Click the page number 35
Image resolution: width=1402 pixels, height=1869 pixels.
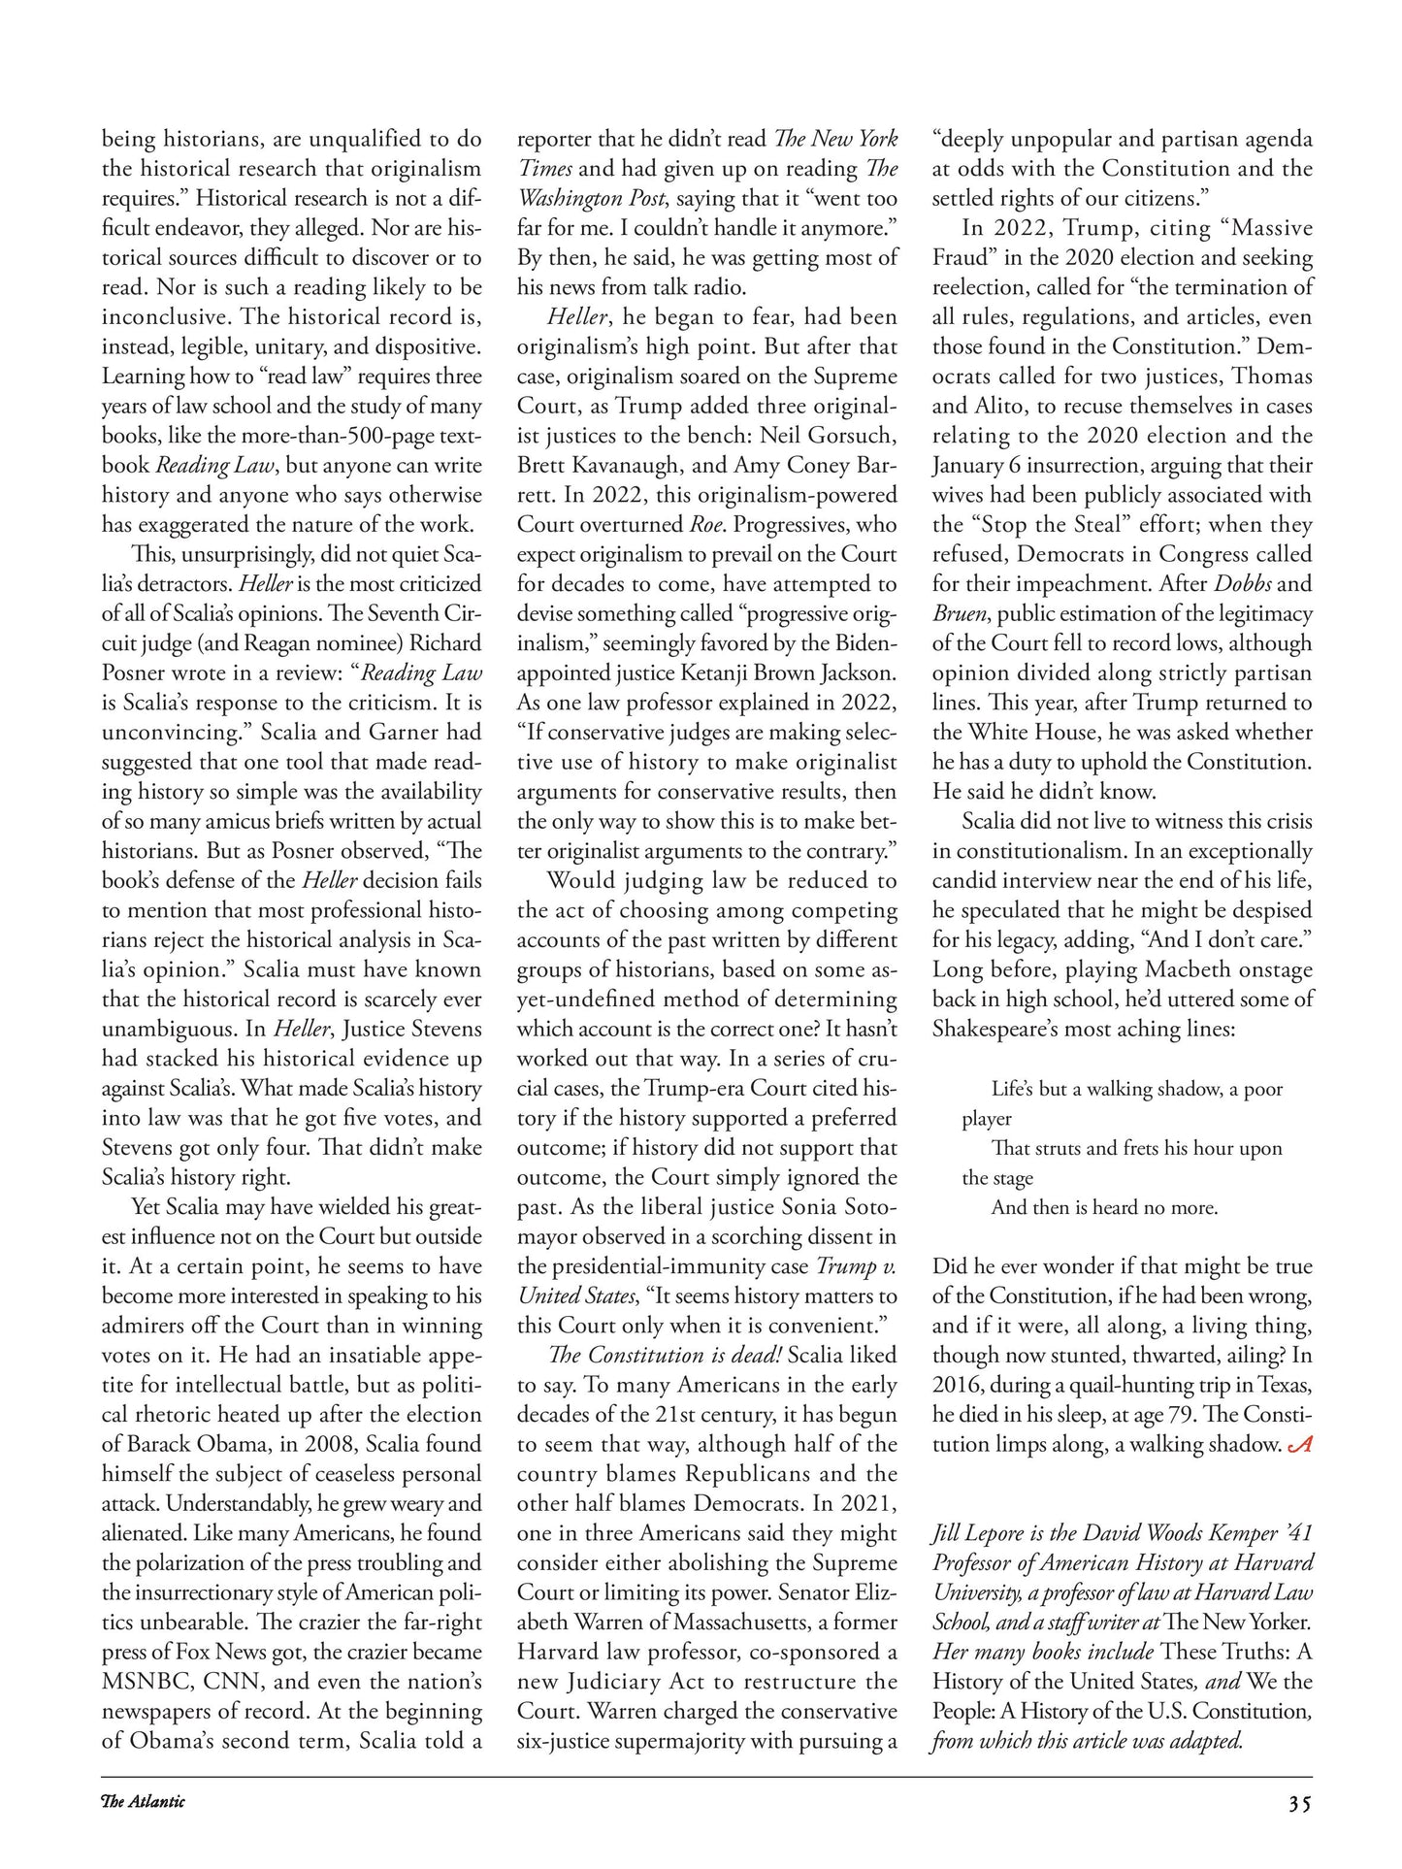(1300, 1804)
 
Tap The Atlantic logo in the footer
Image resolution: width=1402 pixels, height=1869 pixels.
(143, 1802)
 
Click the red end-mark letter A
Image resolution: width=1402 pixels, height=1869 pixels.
(1300, 1444)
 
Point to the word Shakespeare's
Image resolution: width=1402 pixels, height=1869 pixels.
(999, 1029)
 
